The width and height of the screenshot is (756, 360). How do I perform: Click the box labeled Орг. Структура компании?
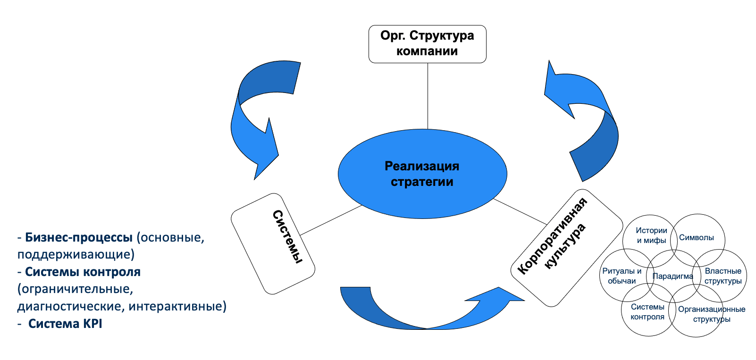[427, 44]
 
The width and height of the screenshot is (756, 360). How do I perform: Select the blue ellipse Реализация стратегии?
[422, 174]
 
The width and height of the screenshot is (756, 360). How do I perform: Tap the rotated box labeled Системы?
[273, 244]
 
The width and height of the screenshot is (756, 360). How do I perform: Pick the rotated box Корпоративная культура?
[566, 248]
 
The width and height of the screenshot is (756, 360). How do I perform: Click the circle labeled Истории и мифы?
[651, 235]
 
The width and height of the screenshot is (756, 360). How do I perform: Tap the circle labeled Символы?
[697, 238]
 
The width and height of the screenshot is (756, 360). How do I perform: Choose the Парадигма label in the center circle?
[672, 276]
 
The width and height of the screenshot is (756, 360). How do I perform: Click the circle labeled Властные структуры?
[722, 276]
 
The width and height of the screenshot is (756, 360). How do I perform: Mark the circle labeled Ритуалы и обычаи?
[622, 276]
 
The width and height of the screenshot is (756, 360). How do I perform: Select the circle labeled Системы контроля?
[647, 312]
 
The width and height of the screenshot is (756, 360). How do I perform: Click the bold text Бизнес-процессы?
[79, 237]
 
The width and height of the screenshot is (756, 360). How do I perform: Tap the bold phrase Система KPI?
[65, 324]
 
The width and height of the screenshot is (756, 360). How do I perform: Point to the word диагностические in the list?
[71, 307]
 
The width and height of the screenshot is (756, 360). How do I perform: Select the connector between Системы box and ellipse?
[330, 220]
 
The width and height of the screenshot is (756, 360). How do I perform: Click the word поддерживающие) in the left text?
[76, 255]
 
